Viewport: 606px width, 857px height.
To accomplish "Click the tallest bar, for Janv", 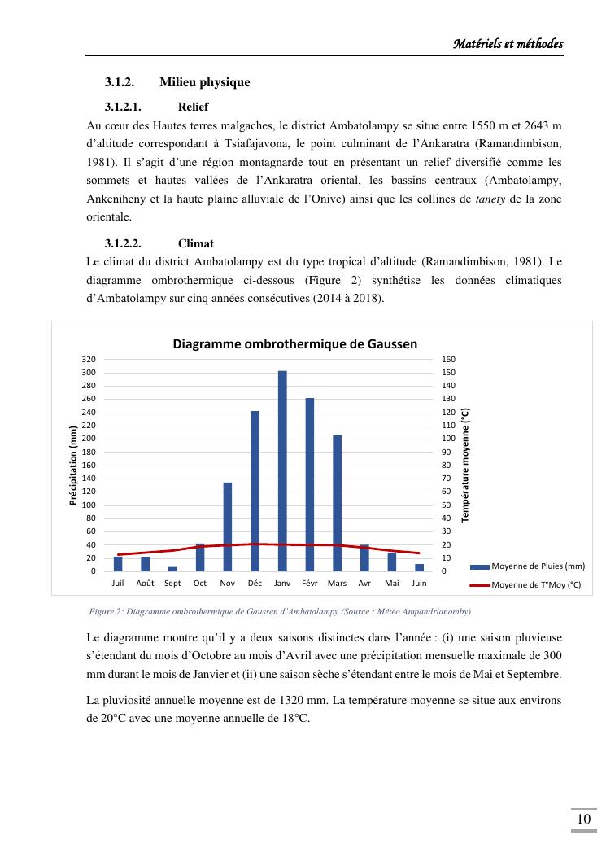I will coord(282,470).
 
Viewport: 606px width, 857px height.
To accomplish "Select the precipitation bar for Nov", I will coord(228,527).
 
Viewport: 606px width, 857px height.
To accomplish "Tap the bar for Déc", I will coord(255,491).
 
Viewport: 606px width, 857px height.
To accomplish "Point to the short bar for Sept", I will coord(172,569).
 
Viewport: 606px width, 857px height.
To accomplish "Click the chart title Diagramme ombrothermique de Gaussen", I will coord(294,343).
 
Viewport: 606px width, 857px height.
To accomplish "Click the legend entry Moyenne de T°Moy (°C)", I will coord(535,584).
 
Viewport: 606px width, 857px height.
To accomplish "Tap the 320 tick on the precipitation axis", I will coord(89,359).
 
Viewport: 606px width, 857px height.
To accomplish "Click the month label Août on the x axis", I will coord(146,583).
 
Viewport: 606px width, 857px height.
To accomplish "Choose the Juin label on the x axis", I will coord(419,583).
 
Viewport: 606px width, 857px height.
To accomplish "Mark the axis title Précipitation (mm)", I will coord(73,466).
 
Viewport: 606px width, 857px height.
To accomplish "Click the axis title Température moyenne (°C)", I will coord(465,466).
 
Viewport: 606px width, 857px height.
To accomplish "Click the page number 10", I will coord(583,820).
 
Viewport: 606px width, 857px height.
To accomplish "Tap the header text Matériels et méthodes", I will coord(508,43).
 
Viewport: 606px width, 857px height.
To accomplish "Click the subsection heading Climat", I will coord(196,243).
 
